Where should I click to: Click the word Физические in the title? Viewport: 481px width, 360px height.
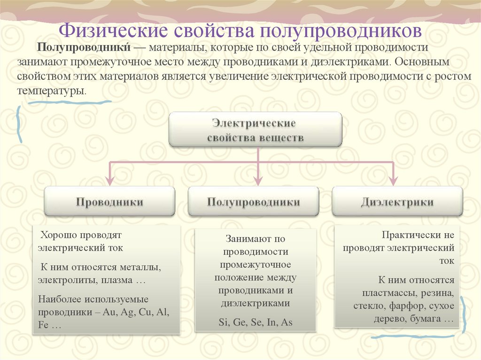tap(113, 31)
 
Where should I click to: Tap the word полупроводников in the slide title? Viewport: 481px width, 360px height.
tap(338, 31)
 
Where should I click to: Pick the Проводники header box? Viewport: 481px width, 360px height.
tap(109, 202)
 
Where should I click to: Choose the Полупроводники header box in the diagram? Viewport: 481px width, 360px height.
tap(254, 202)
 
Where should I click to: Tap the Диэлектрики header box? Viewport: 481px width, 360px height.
tap(397, 202)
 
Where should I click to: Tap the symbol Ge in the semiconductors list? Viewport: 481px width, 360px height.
tap(240, 322)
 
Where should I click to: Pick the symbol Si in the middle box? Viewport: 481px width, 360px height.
tap(223, 322)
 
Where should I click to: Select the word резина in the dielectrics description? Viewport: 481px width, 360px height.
tap(437, 293)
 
